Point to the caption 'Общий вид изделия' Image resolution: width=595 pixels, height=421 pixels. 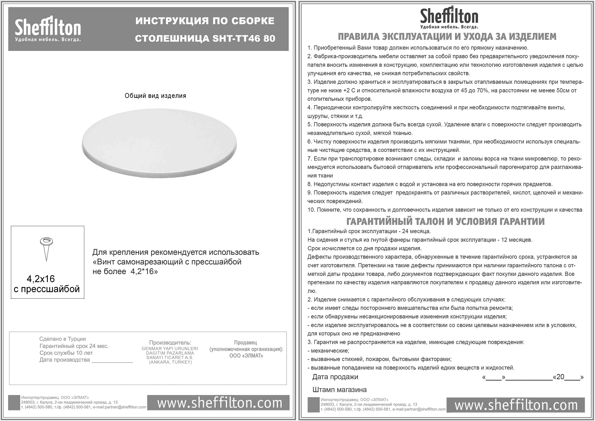tap(155, 96)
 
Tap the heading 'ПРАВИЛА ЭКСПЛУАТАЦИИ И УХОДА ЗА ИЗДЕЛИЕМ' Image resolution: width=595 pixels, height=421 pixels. tap(447, 37)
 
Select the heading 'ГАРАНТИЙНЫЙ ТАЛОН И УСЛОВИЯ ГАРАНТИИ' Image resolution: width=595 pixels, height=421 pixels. tap(445, 221)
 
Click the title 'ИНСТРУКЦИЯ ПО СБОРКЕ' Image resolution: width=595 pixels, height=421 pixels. tap(205, 21)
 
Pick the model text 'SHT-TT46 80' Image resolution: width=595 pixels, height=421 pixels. tap(244, 38)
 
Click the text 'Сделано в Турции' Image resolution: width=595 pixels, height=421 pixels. tap(63, 339)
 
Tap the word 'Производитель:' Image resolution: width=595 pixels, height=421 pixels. tap(170, 343)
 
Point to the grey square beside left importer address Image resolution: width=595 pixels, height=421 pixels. tap(14, 402)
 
